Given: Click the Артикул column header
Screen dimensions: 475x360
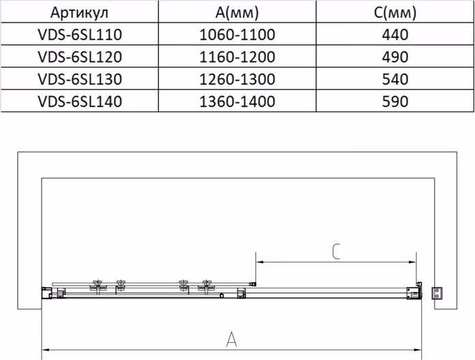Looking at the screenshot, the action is click(79, 13).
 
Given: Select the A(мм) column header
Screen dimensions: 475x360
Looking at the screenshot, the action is click(237, 13).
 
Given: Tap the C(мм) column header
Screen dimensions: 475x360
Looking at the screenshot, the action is click(395, 13).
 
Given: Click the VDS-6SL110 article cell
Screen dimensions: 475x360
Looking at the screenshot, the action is click(80, 35).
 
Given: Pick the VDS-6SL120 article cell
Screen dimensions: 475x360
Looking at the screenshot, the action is click(80, 57).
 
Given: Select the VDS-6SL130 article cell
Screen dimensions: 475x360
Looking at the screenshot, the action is click(80, 79).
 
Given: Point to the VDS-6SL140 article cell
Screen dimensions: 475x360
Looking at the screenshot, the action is click(80, 102).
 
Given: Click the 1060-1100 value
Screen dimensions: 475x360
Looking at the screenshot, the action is click(237, 35).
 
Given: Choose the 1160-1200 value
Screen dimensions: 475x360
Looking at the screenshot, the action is click(237, 57).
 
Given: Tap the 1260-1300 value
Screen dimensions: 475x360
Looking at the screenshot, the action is click(237, 79).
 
